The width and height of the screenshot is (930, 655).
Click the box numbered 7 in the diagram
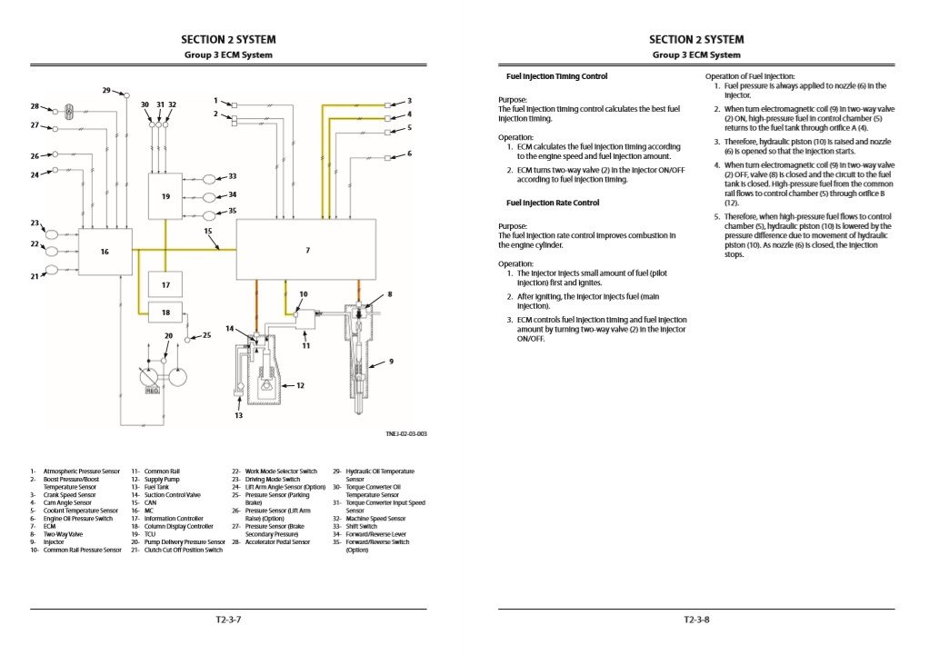point(307,250)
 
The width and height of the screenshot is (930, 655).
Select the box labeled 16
point(105,252)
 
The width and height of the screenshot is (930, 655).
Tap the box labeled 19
point(165,196)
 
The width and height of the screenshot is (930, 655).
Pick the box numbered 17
point(165,285)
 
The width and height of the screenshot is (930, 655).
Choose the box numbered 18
point(165,313)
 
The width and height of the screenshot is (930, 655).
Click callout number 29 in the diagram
point(106,90)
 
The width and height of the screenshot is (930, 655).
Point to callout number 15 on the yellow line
point(208,232)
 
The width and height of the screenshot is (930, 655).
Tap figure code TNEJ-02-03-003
point(405,434)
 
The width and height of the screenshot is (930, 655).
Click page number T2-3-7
point(228,620)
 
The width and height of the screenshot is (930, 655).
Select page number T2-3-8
point(696,620)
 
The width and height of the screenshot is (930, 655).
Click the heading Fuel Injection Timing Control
point(556,76)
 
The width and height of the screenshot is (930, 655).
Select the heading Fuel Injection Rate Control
point(552,203)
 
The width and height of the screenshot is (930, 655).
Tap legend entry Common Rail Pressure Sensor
point(82,550)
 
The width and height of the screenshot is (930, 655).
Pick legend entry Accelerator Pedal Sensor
point(277,541)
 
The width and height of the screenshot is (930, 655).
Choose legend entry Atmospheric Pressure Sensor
point(81,471)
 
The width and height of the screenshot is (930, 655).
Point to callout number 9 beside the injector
point(391,362)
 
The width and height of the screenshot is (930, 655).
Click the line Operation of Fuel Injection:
point(750,76)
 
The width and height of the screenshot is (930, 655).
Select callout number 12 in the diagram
point(300,385)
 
